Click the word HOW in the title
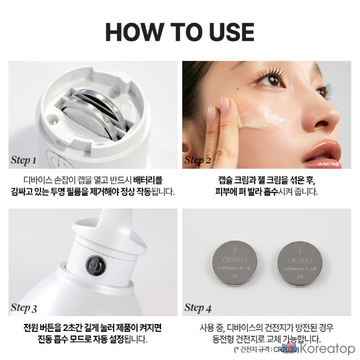135,32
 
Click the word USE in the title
232,32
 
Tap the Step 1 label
24,160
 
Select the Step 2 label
198,160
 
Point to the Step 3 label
24,308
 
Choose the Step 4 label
198,308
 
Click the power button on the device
96,265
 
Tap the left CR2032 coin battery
234,263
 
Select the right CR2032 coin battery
300,264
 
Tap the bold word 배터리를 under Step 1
148,180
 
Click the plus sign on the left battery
235,249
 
